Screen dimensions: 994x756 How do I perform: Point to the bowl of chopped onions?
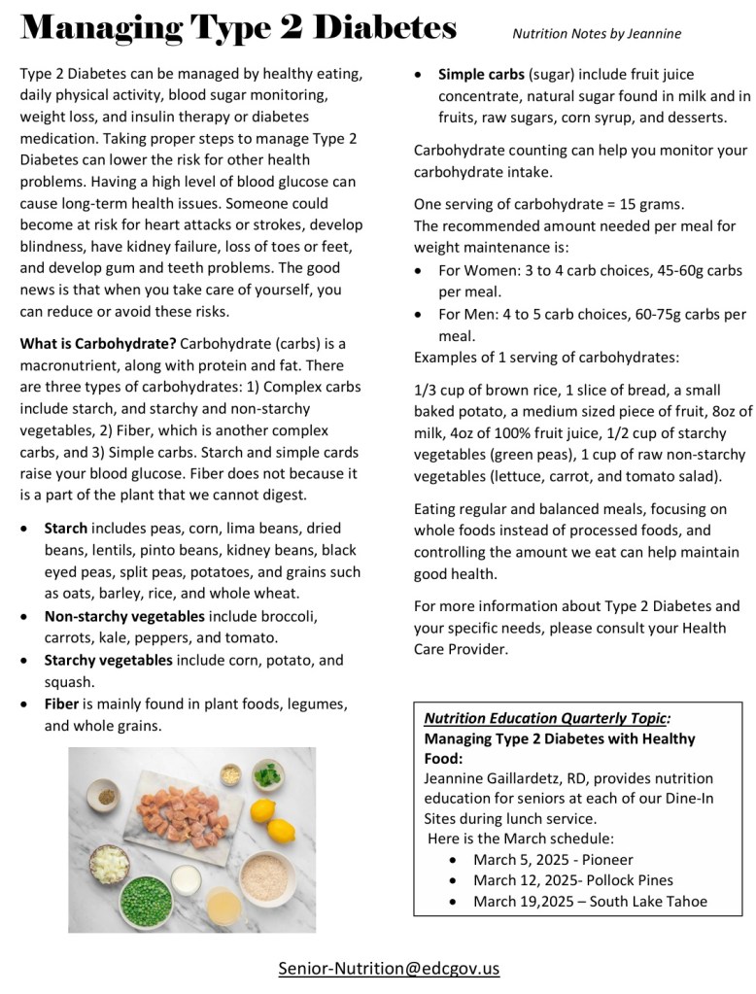point(109,863)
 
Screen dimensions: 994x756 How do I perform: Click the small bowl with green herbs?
point(267,774)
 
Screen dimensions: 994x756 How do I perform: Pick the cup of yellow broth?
point(223,907)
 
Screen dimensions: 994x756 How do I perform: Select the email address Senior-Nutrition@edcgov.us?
point(389,968)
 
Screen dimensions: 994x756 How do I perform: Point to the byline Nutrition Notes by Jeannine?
point(597,34)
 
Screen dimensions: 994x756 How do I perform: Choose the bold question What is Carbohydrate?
point(98,343)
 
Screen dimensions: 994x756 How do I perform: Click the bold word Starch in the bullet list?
point(66,529)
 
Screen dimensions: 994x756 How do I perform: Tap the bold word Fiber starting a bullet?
point(61,703)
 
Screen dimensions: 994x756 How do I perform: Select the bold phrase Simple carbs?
point(482,74)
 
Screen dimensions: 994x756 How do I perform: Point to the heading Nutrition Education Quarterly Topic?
point(547,719)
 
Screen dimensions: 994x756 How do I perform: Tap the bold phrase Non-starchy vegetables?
point(124,616)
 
